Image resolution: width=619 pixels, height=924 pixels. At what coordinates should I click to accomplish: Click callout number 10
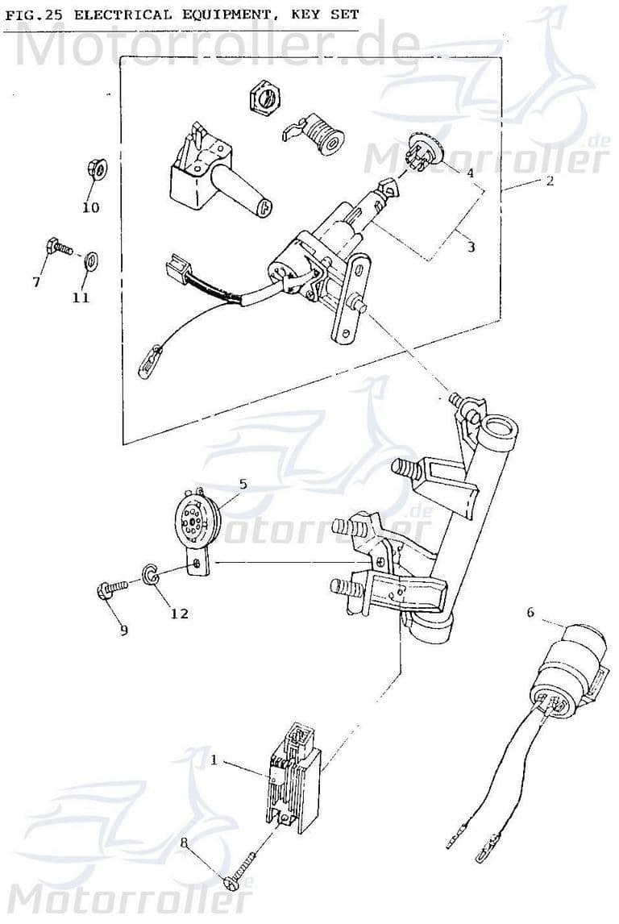(x=90, y=207)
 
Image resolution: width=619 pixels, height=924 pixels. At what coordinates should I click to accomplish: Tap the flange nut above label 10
(x=93, y=171)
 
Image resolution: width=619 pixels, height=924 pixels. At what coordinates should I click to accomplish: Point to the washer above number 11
(x=91, y=259)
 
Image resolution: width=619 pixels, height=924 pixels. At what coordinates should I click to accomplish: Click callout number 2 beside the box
(x=549, y=181)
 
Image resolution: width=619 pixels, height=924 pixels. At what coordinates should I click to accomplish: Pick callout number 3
(x=471, y=247)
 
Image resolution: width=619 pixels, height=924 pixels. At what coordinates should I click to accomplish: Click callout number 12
(x=179, y=614)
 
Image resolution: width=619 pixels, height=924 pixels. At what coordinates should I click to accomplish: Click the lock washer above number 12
(x=150, y=573)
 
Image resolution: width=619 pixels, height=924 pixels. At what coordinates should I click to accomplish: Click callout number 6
(x=530, y=612)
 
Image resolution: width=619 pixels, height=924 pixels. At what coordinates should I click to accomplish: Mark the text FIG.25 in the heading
(x=31, y=15)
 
